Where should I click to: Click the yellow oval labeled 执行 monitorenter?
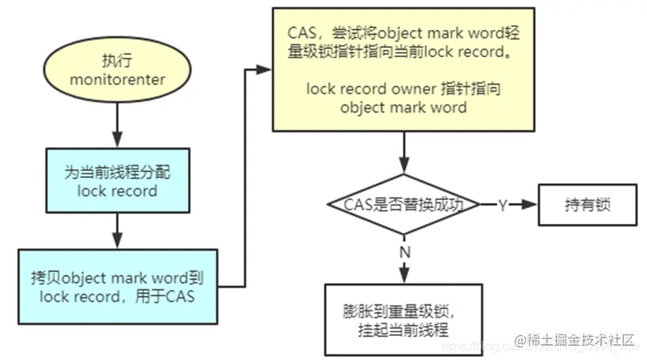click(x=116, y=69)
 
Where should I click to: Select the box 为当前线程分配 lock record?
click(x=116, y=181)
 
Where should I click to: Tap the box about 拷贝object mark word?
click(x=116, y=287)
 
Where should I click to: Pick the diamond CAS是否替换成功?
click(x=404, y=204)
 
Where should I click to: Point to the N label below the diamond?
click(x=404, y=252)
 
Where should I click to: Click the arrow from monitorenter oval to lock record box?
click(x=116, y=125)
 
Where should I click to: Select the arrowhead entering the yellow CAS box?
click(x=264, y=69)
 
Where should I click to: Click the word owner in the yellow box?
click(x=413, y=89)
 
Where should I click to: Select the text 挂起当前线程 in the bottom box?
click(x=404, y=328)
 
